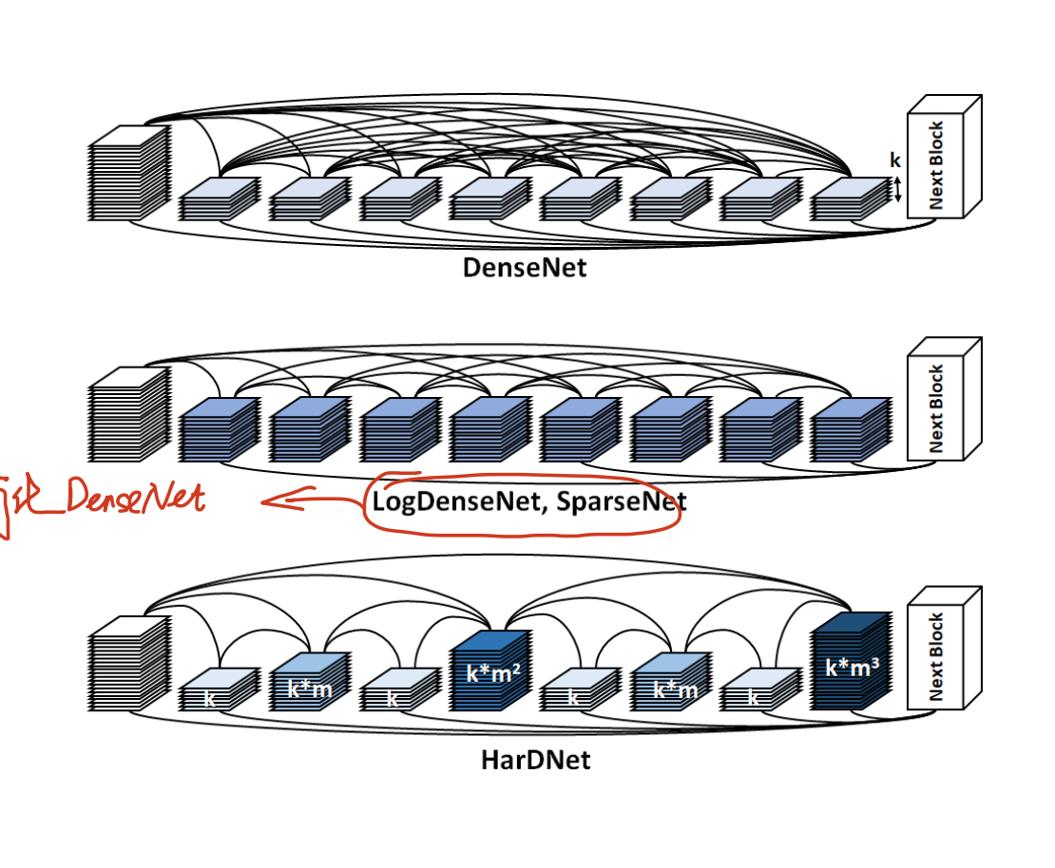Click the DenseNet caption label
point(525,267)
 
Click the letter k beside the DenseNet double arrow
point(893,160)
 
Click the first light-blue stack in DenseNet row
point(219,199)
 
